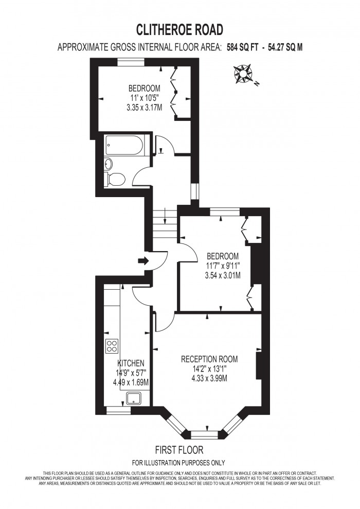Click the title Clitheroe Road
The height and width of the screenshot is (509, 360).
pos(179,28)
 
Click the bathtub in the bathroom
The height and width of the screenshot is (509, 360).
pos(125,146)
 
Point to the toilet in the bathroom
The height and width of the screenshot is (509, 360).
pos(115,179)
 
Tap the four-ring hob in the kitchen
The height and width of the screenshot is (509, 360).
pos(112,346)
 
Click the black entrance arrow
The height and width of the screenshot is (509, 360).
pos(143,261)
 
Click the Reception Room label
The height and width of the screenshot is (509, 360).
pos(209,359)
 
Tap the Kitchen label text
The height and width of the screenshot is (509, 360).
pos(131,363)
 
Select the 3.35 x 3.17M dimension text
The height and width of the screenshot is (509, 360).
pos(144,108)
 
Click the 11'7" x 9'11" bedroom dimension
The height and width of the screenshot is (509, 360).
pos(223,266)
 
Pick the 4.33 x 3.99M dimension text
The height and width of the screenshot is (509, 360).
pos(209,378)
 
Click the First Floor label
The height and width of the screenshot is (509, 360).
pos(179,449)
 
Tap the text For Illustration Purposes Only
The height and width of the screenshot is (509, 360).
pos(178,462)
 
